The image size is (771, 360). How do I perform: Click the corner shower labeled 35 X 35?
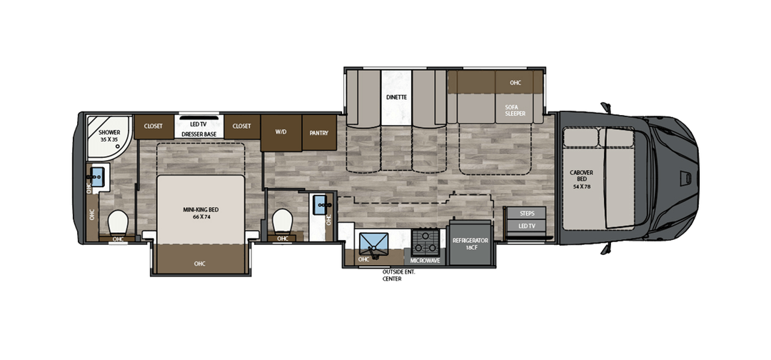109,137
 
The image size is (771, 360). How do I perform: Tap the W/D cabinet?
281,133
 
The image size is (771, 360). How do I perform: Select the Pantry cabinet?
319,133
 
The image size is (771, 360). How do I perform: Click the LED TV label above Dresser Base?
199,125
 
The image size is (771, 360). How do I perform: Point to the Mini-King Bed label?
201,213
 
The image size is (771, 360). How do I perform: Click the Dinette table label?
396,97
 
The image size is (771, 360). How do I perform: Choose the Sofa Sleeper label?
515,110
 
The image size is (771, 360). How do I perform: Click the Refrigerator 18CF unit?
470,244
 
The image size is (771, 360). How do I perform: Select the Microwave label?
425,260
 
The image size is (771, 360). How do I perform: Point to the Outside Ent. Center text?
398,276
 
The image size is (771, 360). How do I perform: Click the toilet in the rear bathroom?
118,223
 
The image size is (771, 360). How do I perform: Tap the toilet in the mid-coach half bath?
282,221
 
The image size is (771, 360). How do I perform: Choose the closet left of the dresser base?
153,126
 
